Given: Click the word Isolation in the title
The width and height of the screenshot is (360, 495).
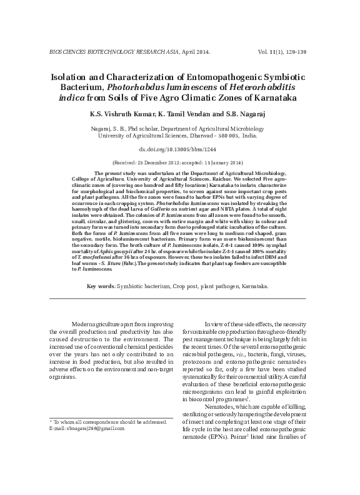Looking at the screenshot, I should coord(67,76).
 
